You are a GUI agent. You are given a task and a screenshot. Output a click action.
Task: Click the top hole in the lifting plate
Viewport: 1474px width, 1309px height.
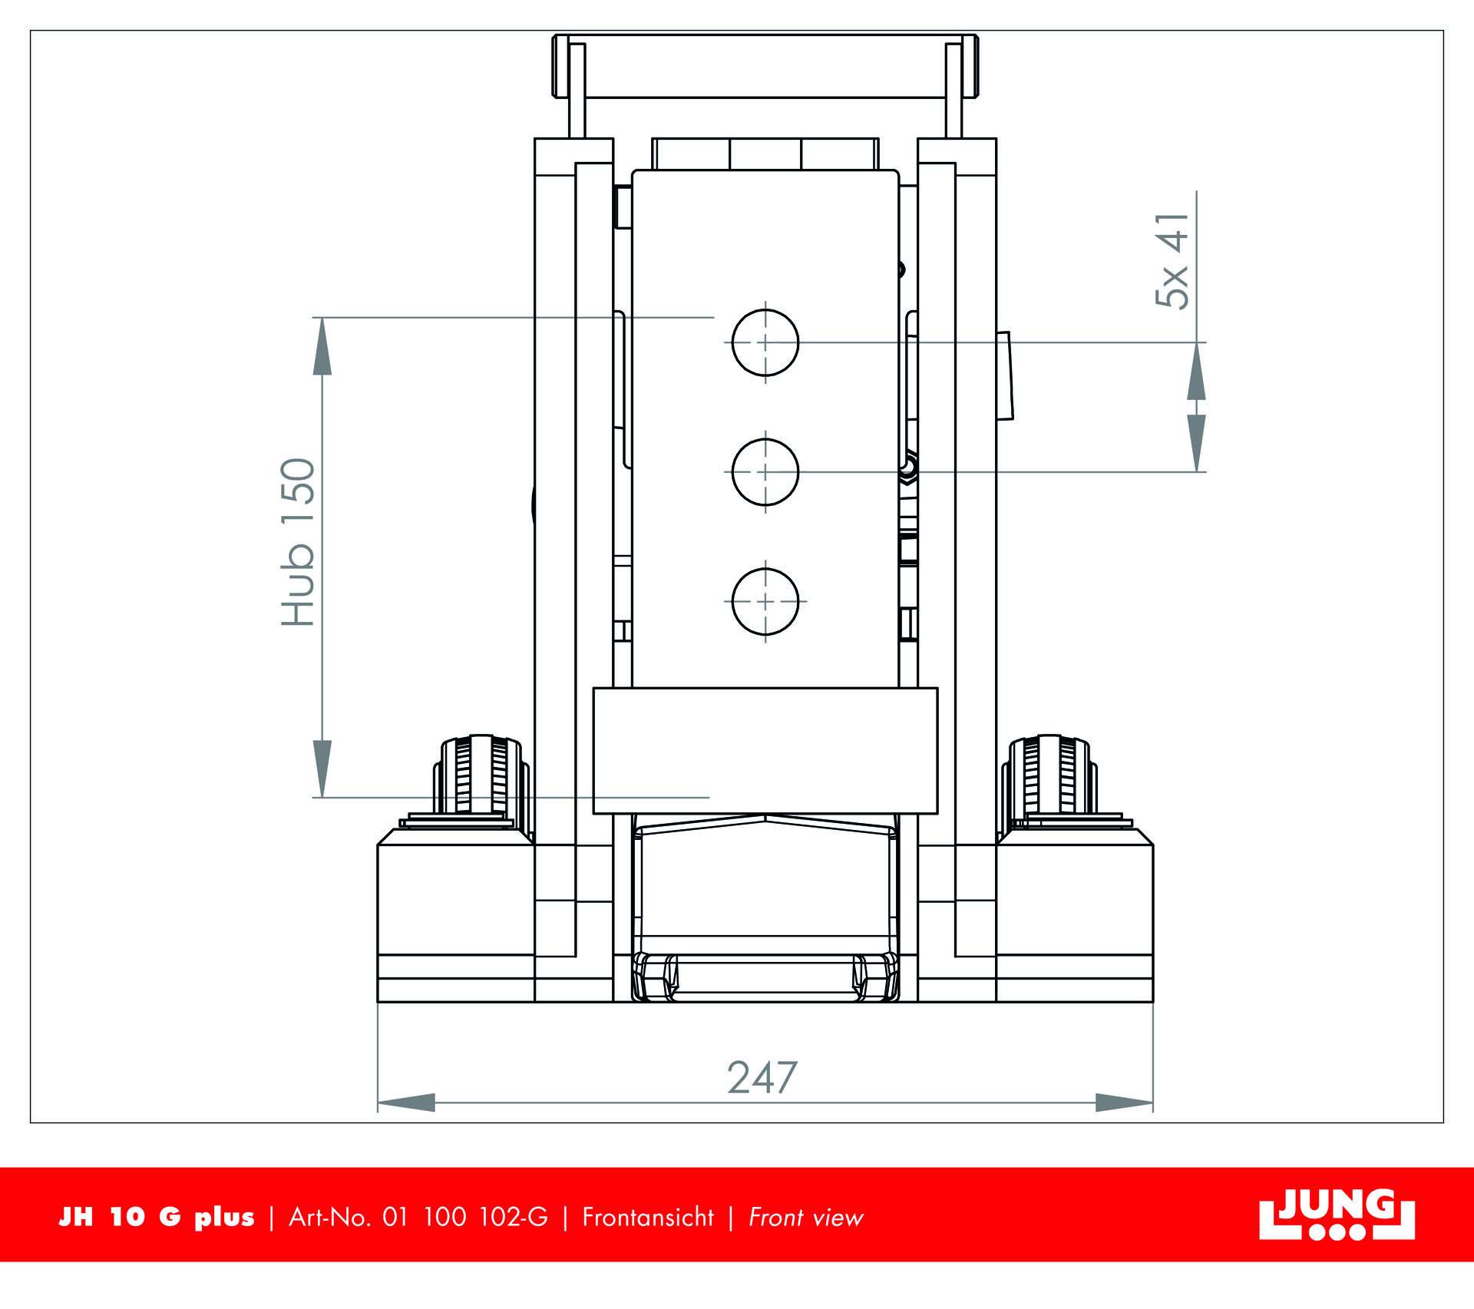pos(765,342)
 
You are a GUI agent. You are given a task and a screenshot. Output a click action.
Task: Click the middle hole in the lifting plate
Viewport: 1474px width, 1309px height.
pos(765,472)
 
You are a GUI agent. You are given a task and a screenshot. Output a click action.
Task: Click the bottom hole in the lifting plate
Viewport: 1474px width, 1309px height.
pos(765,602)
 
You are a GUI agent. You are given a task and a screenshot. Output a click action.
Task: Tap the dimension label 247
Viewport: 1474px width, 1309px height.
pos(762,1078)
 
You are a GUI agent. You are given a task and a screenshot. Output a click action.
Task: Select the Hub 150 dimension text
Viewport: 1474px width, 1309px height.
pos(298,542)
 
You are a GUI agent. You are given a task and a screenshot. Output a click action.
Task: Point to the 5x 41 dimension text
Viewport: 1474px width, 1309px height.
pos(1172,261)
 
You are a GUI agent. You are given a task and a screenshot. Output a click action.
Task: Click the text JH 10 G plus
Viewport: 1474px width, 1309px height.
pos(157,1218)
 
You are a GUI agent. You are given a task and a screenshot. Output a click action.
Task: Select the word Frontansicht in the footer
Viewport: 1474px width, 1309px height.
pos(647,1218)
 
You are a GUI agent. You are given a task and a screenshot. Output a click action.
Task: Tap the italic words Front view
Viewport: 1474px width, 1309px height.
pos(805,1218)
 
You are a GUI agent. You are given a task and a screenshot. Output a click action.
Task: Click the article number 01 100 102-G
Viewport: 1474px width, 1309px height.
pos(465,1218)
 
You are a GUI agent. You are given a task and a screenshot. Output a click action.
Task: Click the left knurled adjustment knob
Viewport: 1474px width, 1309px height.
pos(481,775)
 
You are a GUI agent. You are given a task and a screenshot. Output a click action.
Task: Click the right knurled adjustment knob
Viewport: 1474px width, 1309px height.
pos(1049,775)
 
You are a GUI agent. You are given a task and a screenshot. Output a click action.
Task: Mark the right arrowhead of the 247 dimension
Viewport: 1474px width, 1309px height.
pos(1125,1103)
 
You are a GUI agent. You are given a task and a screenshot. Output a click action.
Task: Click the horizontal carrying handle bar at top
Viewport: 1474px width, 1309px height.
pos(765,66)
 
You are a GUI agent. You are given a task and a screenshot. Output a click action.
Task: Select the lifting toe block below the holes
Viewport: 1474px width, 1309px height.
pos(765,750)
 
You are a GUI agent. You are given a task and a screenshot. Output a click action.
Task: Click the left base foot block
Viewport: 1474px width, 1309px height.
pos(455,914)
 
